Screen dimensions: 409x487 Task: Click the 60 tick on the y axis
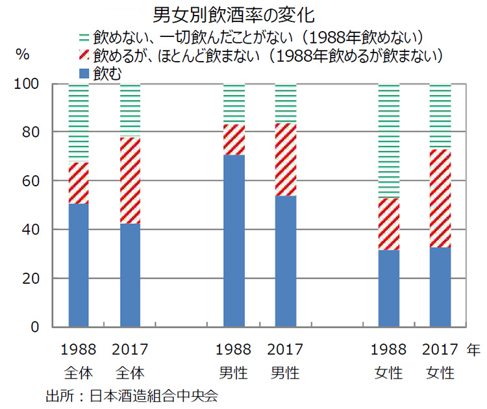[x=30, y=181]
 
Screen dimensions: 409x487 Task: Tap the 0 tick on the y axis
[x=34, y=327]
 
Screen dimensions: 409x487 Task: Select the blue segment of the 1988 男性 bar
[x=234, y=240]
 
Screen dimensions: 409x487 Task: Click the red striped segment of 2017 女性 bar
[x=440, y=198]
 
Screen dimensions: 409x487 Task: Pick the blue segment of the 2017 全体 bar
[x=130, y=275]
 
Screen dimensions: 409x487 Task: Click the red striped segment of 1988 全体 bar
[x=79, y=183]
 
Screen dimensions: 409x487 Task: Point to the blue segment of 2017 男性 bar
[x=285, y=261]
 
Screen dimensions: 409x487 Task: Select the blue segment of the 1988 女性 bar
[x=388, y=288]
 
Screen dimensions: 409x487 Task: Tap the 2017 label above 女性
[x=440, y=351]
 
